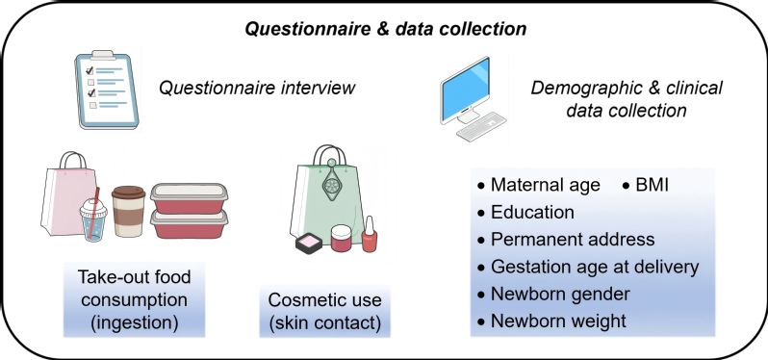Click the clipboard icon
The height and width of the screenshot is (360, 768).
(106, 90)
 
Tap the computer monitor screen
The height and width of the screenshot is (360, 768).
(465, 89)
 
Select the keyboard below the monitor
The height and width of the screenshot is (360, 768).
(481, 126)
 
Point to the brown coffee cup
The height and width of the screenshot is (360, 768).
(128, 212)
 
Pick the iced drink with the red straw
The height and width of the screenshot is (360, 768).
(93, 217)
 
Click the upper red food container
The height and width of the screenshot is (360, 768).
(189, 198)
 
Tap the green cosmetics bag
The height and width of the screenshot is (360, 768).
(326, 196)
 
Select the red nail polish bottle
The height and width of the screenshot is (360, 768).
(370, 235)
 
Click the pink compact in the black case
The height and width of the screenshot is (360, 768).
(309, 243)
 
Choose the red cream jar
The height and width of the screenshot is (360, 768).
(342, 238)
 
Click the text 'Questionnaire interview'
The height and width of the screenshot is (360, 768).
(257, 89)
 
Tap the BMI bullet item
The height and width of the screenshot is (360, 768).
(646, 185)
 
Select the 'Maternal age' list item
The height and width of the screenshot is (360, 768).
(538, 185)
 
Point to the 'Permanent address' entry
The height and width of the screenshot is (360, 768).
(566, 239)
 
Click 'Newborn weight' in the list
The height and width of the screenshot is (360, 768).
(552, 321)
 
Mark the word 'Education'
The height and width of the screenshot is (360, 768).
(532, 212)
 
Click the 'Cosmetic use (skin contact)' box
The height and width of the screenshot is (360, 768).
(324, 311)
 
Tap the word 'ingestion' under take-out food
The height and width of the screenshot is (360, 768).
(134, 323)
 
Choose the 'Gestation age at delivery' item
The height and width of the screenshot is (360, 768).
(588, 267)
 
